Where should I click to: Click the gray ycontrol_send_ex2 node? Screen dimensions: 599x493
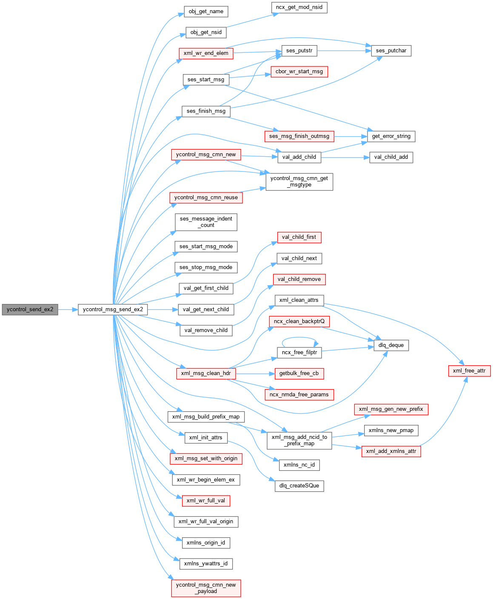pos(30,310)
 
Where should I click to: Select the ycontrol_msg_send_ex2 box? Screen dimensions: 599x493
pos(113,310)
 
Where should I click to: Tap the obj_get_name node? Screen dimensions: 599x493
pos(206,11)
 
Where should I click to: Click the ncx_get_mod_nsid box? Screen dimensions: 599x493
pos(299,7)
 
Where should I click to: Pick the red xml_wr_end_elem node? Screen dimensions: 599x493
pos(206,53)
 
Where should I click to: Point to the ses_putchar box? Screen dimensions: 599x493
pos(391,51)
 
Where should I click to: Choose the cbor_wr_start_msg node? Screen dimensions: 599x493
pos(299,72)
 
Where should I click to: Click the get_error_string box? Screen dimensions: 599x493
pos(391,136)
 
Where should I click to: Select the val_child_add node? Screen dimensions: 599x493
pos(391,157)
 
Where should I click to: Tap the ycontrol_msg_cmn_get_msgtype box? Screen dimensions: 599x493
pos(299,182)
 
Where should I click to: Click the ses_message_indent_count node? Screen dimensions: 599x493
pos(206,222)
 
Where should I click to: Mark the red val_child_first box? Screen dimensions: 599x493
pos(299,237)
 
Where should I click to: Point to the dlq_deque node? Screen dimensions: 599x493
pos(391,345)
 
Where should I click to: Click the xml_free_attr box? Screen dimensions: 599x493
pos(469,371)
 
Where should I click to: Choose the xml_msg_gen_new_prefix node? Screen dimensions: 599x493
pos(391,409)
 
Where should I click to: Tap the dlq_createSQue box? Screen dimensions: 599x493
pos(299,486)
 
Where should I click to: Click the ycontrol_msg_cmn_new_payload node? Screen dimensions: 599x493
pos(206,588)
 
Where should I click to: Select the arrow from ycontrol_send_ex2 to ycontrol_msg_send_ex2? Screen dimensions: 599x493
pos(68,310)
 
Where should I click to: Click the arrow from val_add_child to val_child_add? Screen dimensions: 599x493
pos(345,157)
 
